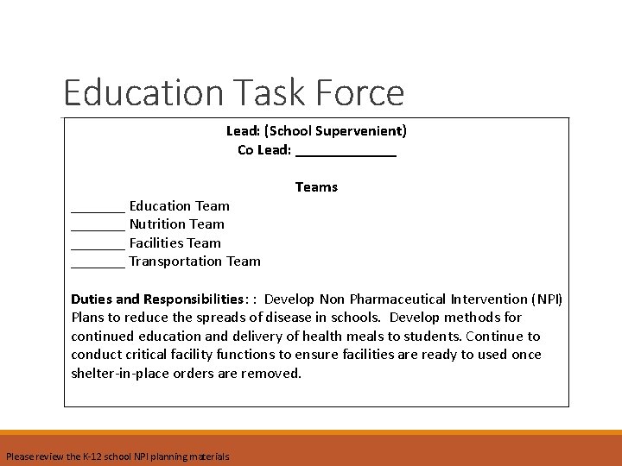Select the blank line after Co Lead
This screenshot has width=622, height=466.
(x=346, y=150)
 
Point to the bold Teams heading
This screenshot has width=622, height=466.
(x=316, y=187)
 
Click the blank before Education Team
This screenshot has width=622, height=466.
(x=98, y=206)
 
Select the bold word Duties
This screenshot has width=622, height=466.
(x=92, y=299)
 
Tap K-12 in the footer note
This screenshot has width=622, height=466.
(x=93, y=457)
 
